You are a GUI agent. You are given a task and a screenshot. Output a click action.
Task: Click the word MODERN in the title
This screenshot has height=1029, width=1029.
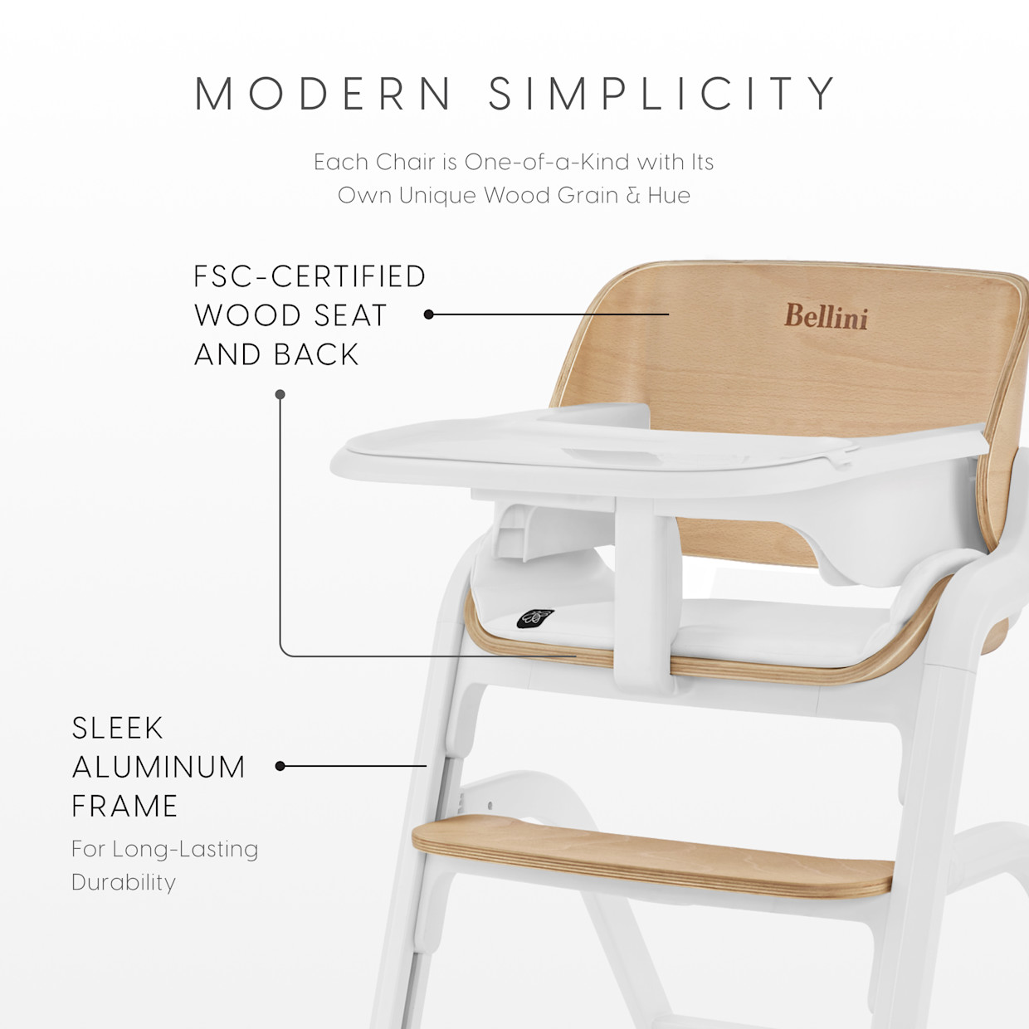click(324, 93)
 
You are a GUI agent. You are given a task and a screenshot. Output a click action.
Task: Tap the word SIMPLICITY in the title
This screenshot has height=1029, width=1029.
click(662, 93)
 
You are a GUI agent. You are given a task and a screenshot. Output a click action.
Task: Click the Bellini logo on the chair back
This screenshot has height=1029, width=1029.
click(826, 317)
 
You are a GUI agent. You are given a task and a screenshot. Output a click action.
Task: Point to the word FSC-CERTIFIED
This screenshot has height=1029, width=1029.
click(310, 276)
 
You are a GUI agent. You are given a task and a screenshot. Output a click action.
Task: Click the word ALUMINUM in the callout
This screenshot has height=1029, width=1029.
click(158, 767)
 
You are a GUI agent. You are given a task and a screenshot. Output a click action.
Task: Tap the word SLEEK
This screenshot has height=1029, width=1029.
click(118, 728)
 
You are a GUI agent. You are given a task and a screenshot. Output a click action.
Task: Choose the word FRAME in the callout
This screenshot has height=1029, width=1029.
click(124, 806)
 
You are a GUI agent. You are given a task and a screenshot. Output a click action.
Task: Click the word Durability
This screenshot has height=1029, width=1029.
click(124, 881)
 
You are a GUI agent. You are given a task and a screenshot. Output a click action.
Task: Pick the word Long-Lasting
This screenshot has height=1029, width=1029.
click(185, 849)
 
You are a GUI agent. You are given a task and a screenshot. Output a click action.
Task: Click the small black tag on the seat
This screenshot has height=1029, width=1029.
click(535, 618)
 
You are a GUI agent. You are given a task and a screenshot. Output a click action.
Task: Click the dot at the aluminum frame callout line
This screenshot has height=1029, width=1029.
click(280, 766)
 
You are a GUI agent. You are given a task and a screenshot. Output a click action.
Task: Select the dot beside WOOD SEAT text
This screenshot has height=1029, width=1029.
click(429, 315)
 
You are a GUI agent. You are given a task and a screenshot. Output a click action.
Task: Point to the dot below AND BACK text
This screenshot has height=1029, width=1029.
click(280, 394)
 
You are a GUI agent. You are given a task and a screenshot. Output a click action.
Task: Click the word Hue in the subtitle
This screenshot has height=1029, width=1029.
click(669, 195)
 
